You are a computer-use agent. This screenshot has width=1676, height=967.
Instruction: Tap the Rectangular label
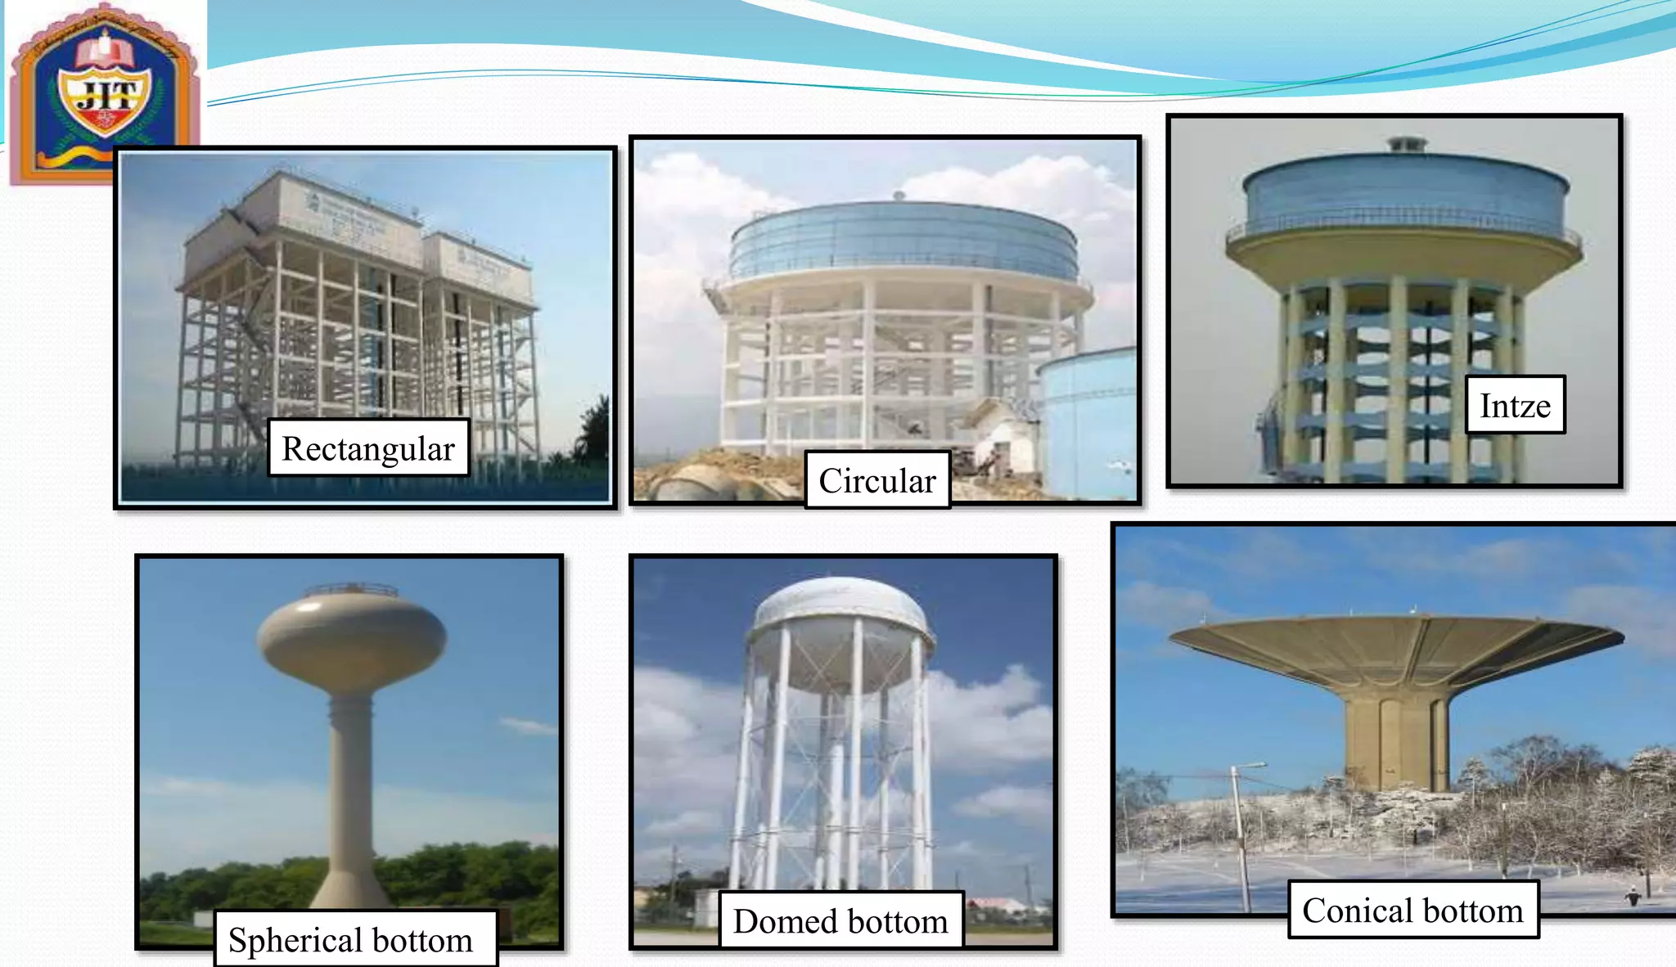pyautogui.click(x=368, y=448)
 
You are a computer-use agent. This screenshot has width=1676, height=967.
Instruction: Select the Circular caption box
pyautogui.click(x=877, y=480)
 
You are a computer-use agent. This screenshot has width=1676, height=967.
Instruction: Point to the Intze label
pyautogui.click(x=1515, y=405)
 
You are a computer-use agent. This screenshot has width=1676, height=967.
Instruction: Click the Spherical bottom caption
pyautogui.click(x=352, y=939)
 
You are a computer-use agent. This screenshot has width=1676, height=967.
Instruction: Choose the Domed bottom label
pyautogui.click(x=840, y=921)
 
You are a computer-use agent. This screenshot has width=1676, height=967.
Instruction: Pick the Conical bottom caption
pyautogui.click(x=1412, y=910)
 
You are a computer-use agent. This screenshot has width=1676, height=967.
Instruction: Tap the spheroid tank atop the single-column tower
pyautogui.click(x=352, y=634)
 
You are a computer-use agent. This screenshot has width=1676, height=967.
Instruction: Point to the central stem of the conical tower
pyautogui.click(x=1396, y=740)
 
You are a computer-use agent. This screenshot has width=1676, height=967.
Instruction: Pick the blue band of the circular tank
pyautogui.click(x=900, y=241)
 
